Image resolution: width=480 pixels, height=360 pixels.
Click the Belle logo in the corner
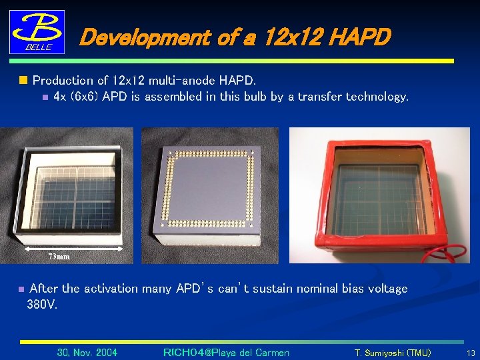37,31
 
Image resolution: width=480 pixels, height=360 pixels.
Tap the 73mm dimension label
59,256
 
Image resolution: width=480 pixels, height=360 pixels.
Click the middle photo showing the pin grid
210,193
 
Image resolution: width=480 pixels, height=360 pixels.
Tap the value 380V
42,305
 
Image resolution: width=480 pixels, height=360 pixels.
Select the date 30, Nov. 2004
87,352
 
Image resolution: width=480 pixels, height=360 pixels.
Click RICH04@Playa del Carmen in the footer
226,352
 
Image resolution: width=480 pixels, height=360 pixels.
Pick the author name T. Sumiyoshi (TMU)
392,352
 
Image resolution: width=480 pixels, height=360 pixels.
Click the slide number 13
471,352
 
